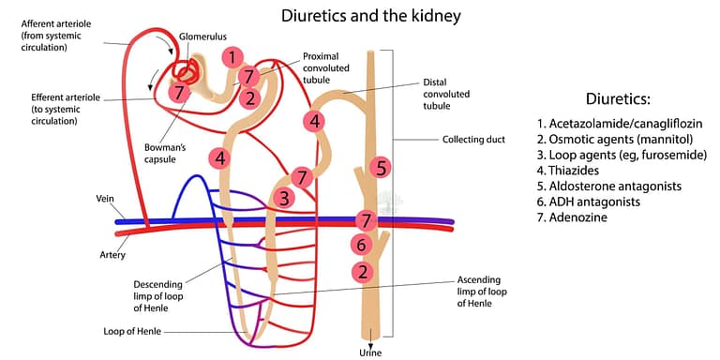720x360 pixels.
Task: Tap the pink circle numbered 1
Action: pos(232,58)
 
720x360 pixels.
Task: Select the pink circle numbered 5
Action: pos(380,168)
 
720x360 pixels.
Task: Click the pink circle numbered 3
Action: pos(284,198)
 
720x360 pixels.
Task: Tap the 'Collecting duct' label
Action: pos(470,141)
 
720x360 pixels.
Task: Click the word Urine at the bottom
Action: pos(371,352)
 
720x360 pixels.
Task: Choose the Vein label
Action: pos(106,199)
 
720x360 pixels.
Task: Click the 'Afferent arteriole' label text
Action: pos(54,23)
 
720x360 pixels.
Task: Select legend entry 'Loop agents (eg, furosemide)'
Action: pos(622,155)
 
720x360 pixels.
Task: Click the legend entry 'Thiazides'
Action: pos(571,171)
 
